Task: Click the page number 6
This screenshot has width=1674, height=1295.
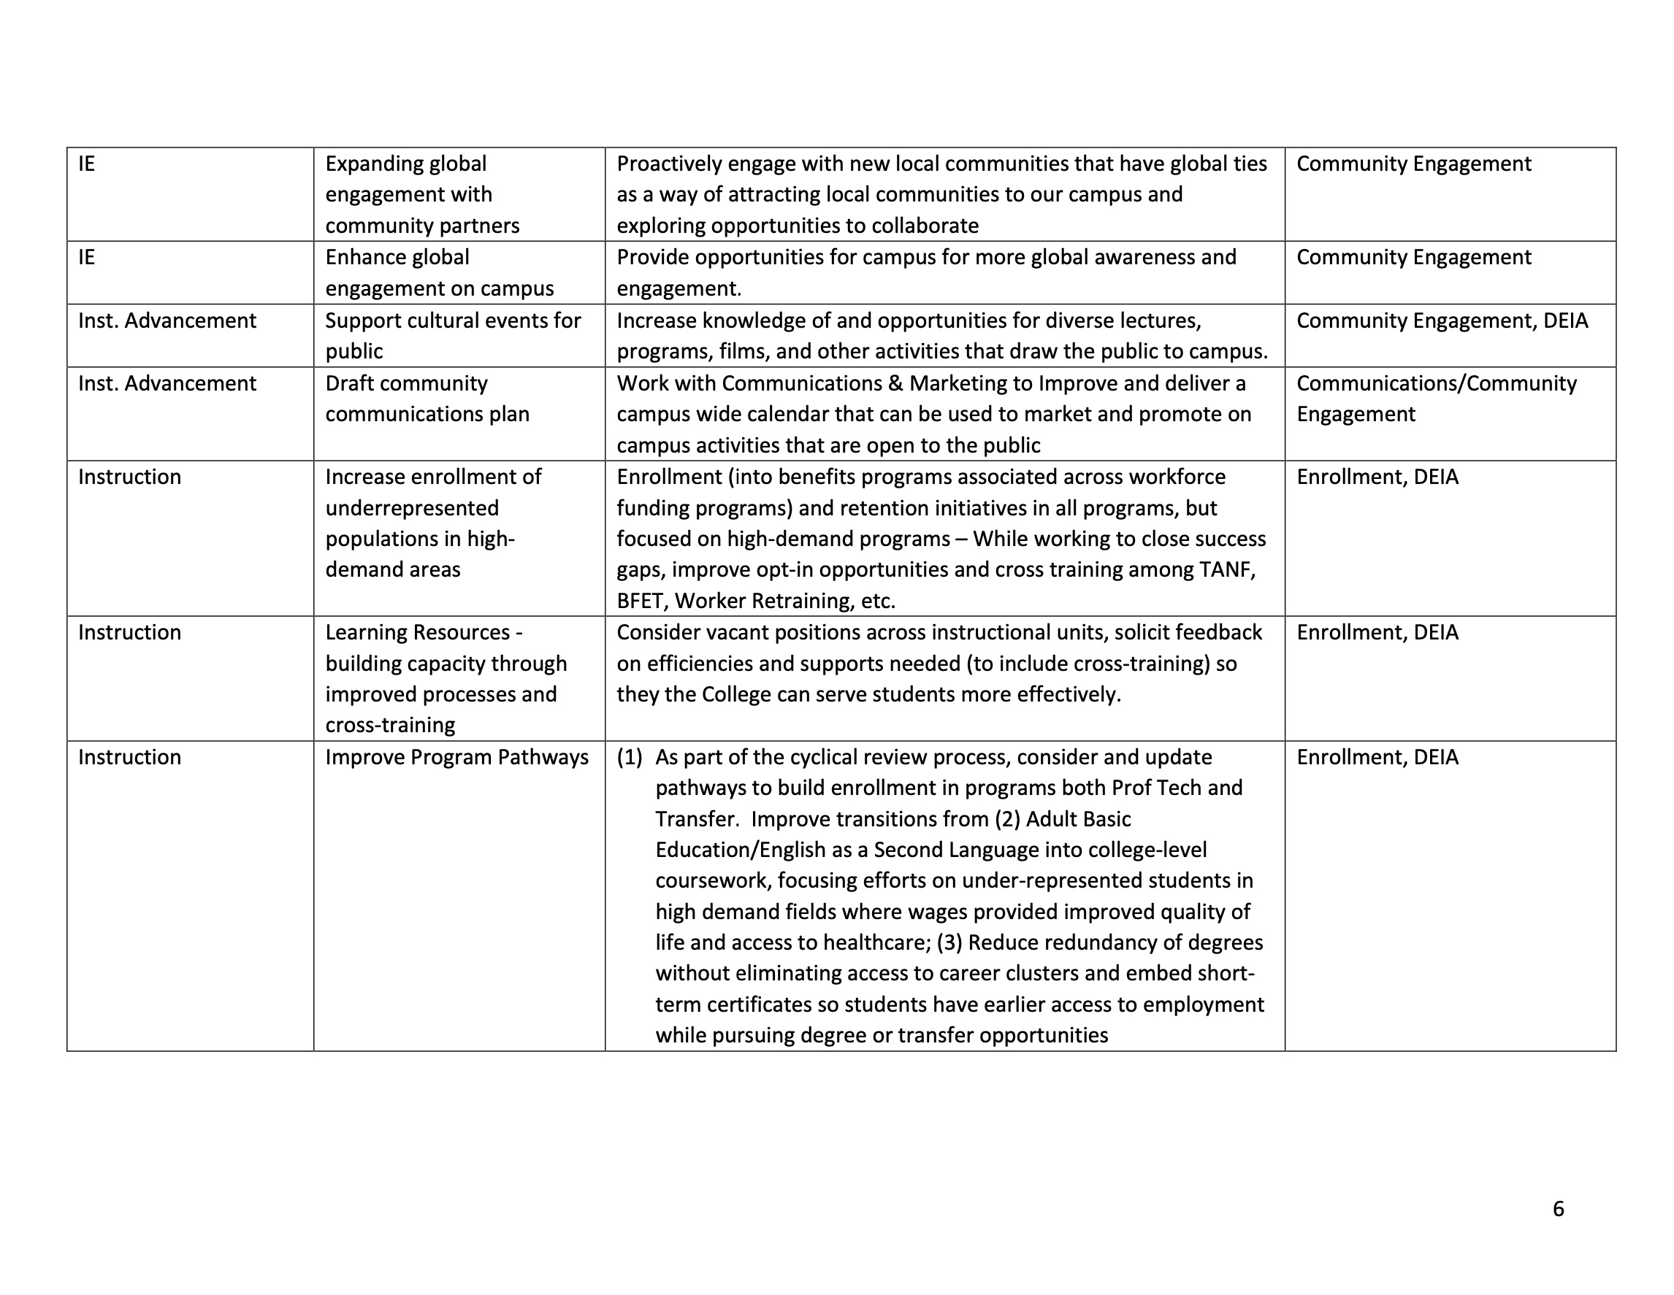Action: coord(1557,1208)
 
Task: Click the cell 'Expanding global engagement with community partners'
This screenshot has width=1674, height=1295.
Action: coord(422,195)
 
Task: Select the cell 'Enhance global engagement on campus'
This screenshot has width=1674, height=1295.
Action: coord(439,273)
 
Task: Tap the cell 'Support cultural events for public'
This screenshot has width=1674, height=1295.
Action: coord(452,336)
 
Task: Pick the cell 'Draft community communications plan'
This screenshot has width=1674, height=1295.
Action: coord(427,399)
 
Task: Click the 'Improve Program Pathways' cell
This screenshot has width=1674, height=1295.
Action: coord(456,757)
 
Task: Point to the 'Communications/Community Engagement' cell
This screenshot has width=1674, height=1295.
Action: coord(1436,399)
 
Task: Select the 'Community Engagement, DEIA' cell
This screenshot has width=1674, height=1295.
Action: coord(1442,320)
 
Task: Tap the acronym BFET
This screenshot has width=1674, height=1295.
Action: coord(641,601)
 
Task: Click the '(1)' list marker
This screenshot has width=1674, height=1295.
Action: coord(630,757)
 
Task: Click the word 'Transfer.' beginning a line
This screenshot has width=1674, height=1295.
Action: coord(697,819)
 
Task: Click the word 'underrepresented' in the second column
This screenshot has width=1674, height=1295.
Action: coord(412,508)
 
